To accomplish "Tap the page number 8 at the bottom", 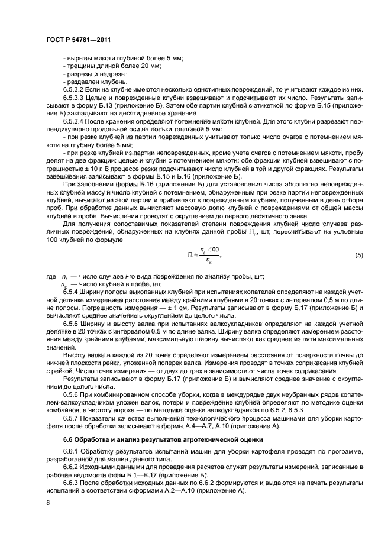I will (x=47, y=503).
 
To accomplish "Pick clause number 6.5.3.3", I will (x=73, y=96).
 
